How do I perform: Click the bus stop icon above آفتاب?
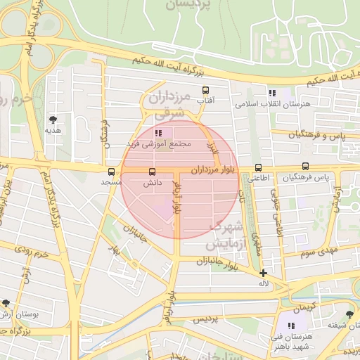coord(206,91)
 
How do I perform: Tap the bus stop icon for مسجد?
coord(111,172)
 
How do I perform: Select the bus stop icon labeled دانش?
coord(152,172)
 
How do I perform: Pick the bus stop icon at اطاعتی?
coord(259,167)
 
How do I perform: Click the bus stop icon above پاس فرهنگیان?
coord(305,167)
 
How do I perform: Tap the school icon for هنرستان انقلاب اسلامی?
coord(271,94)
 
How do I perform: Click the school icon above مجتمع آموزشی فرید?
coord(158,132)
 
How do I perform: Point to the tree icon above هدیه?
coord(53,119)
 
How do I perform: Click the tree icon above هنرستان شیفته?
coord(350,314)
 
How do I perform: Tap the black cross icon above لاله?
coord(263,273)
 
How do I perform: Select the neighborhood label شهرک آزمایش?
coord(226,236)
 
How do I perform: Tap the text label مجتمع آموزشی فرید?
coord(158,143)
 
